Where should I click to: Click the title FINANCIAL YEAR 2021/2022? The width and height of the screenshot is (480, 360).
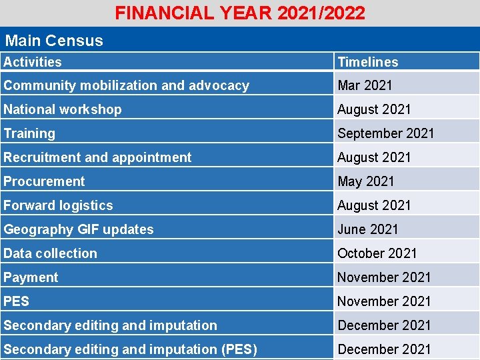pos(240,13)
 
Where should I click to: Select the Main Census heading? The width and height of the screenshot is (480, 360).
pos(53,40)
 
